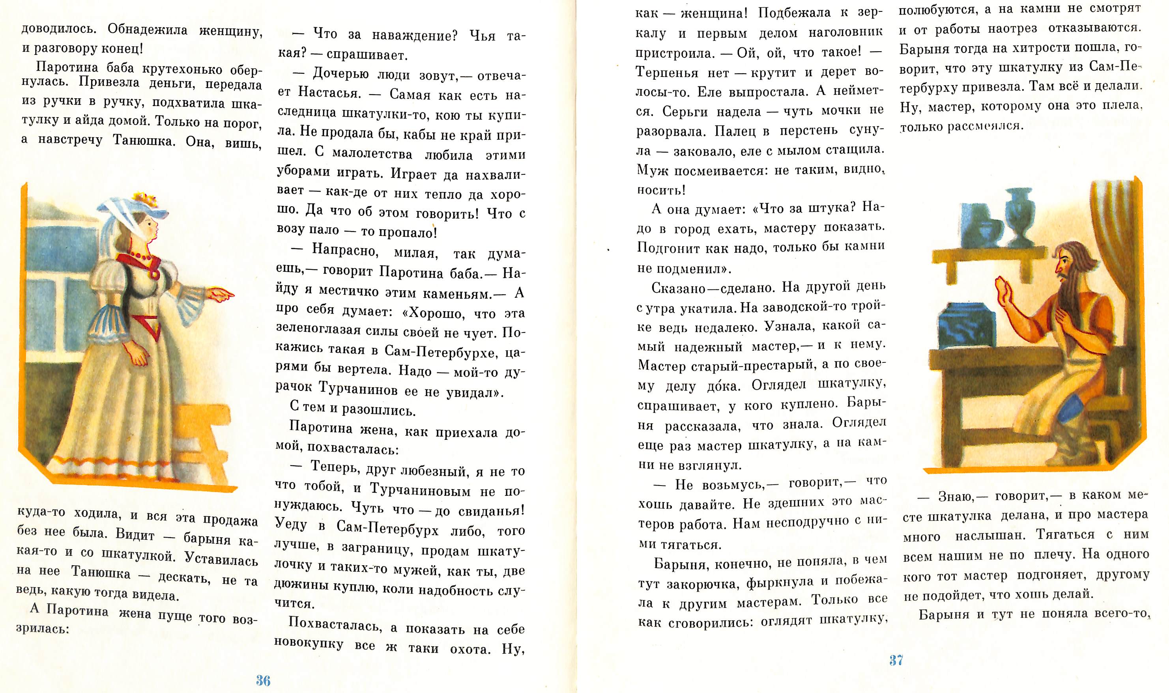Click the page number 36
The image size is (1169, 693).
(263, 680)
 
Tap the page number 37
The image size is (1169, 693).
(896, 660)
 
